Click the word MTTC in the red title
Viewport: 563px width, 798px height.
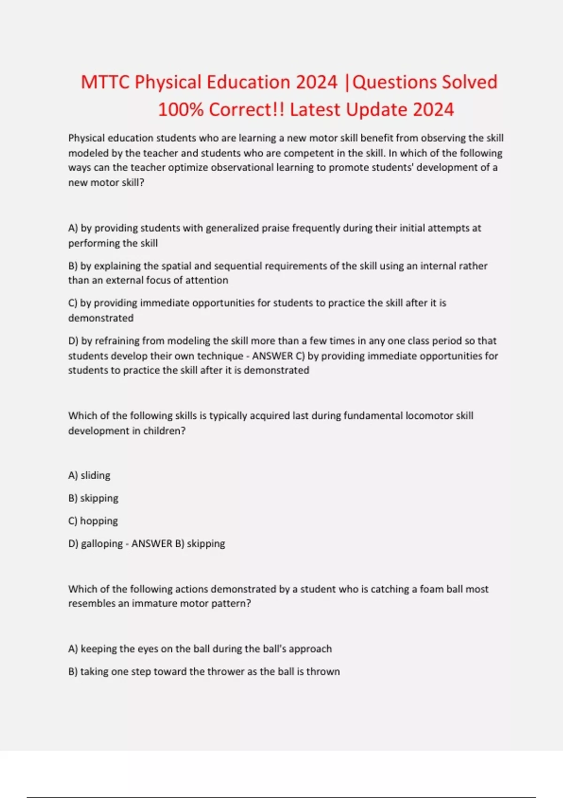pyautogui.click(x=105, y=82)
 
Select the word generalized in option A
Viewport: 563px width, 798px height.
pyautogui.click(x=231, y=228)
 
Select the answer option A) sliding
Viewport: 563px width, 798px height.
pyautogui.click(x=90, y=476)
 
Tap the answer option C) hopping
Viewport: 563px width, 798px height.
pyautogui.click(x=93, y=521)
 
